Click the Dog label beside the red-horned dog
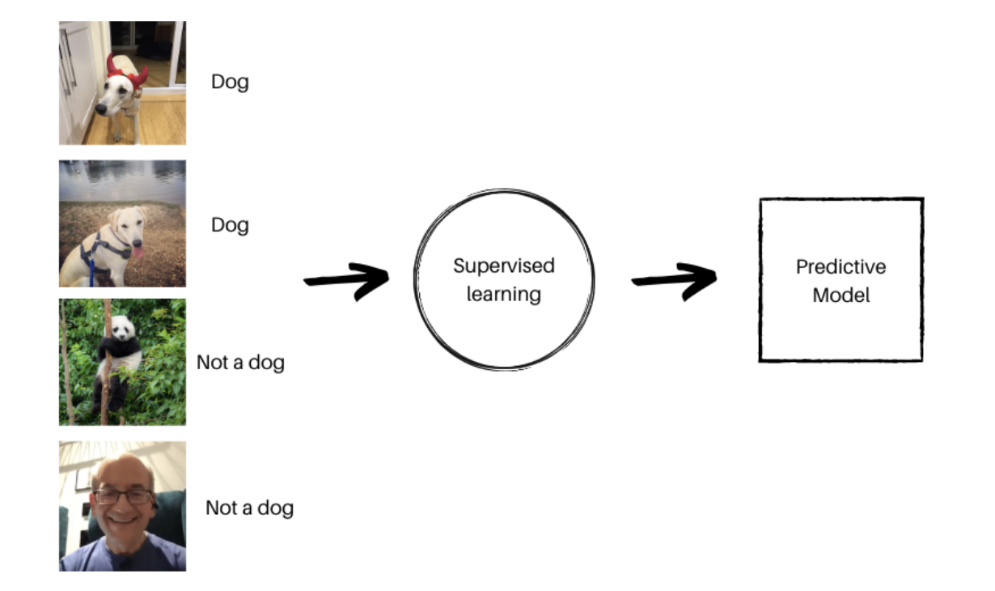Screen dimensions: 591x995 pos(230,83)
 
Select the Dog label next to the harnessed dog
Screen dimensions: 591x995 pos(230,225)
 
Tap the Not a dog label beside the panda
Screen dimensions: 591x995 pos(240,363)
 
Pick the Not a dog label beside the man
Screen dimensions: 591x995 pos(249,508)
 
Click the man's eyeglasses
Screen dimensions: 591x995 pos(124,496)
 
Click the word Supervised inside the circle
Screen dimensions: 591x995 pos(504,266)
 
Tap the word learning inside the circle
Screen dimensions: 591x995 pos(504,294)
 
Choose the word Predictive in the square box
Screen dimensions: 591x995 pos(840,267)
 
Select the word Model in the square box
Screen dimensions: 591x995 pos(840,295)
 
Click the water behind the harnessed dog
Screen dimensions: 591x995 pos(121,180)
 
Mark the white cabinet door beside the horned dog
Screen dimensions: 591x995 pos(73,81)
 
